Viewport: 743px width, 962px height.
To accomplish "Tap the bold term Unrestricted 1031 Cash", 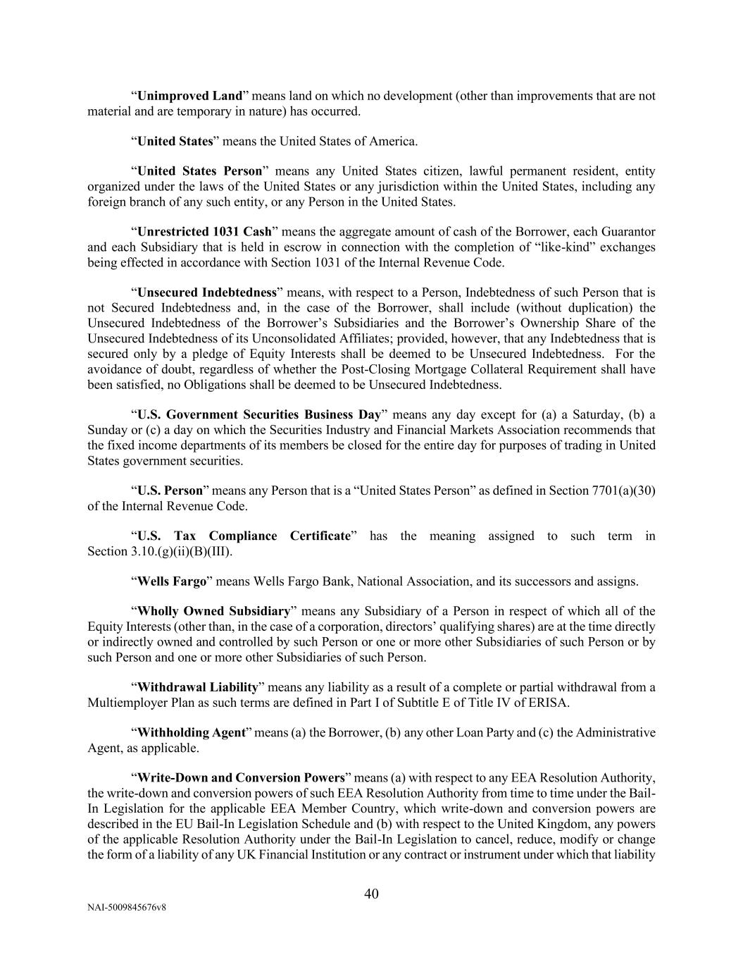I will coord(204,232).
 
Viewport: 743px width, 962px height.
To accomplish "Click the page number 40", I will coord(371,894).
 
